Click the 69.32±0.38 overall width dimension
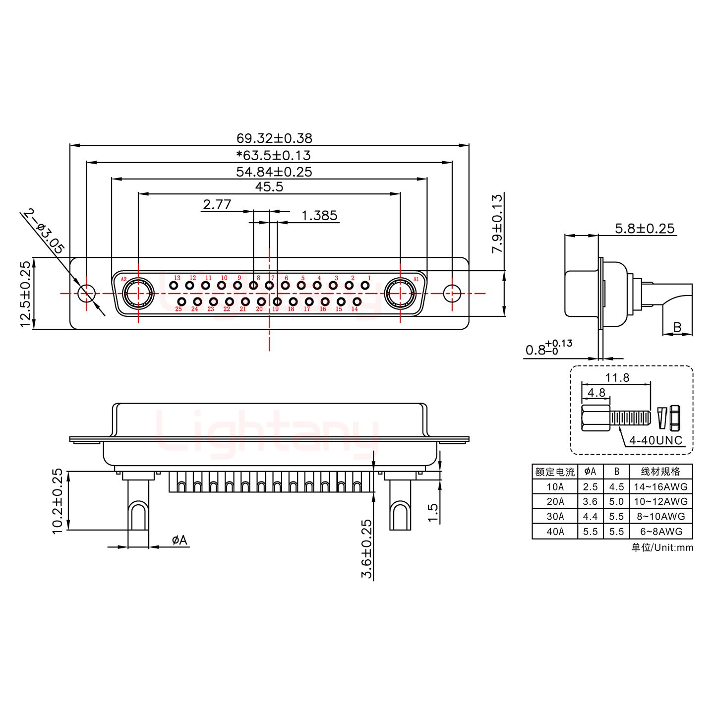pyautogui.click(x=274, y=138)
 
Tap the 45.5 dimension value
pyautogui.click(x=269, y=187)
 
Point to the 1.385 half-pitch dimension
pyautogui.click(x=319, y=216)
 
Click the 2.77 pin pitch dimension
pyautogui.click(x=217, y=204)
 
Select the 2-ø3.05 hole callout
pyautogui.click(x=44, y=231)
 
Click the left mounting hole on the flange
pyautogui.click(x=87, y=293)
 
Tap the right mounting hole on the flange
pyautogui.click(x=452, y=293)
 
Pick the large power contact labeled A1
pyautogui.click(x=400, y=293)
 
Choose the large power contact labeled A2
pyautogui.click(x=138, y=293)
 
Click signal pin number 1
pyautogui.click(x=365, y=285)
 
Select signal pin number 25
pyautogui.click(x=181, y=301)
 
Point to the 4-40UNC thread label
pyautogui.click(x=655, y=440)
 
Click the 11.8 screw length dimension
pyautogui.click(x=617, y=378)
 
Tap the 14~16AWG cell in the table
pyautogui.click(x=660, y=487)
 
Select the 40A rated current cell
pyautogui.click(x=555, y=532)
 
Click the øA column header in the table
pyautogui.click(x=590, y=472)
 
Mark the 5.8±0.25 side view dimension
pyautogui.click(x=645, y=229)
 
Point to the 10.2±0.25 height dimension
pyautogui.click(x=58, y=501)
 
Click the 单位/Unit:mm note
pyautogui.click(x=662, y=547)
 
